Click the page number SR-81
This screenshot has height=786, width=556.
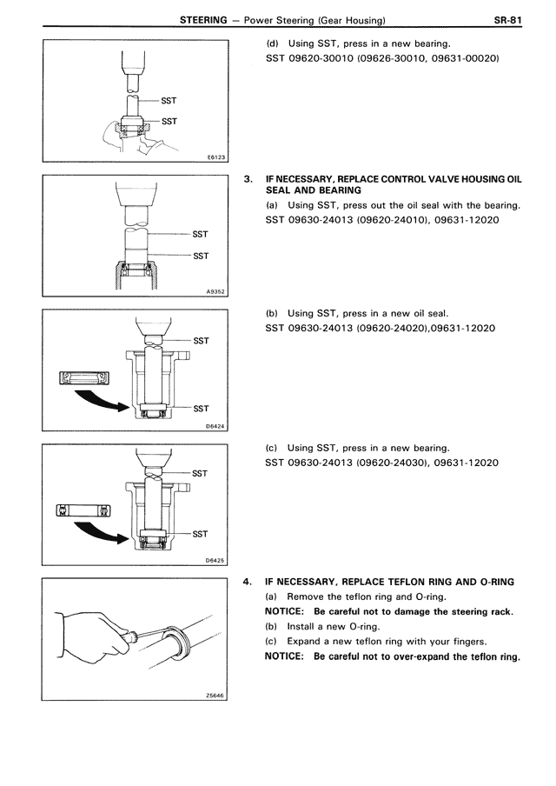click(507, 20)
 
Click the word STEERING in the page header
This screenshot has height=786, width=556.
click(203, 20)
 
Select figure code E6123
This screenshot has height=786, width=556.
click(216, 157)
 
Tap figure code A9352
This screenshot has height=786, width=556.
click(216, 291)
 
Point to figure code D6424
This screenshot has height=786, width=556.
click(216, 427)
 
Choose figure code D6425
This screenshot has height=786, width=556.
click(215, 561)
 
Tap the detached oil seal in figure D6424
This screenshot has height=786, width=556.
click(84, 378)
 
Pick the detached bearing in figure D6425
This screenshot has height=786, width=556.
click(83, 510)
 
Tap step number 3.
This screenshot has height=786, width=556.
click(248, 179)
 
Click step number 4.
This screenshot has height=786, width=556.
click(247, 582)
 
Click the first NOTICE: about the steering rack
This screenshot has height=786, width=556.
click(284, 611)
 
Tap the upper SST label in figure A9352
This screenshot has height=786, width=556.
click(200, 234)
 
